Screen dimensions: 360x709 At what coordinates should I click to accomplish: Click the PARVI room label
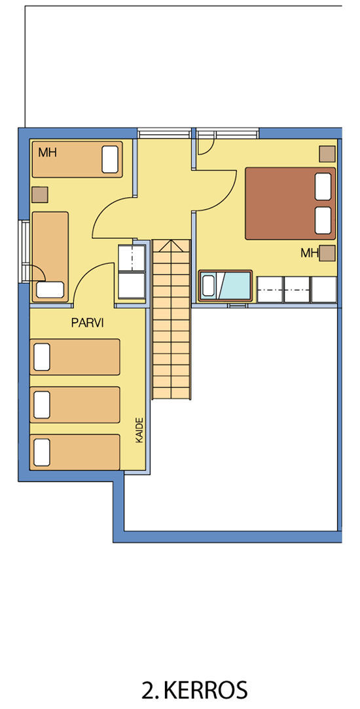tap(88, 323)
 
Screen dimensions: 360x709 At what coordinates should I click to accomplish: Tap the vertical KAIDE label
tap(139, 430)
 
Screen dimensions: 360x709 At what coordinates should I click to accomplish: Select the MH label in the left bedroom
tap(47, 153)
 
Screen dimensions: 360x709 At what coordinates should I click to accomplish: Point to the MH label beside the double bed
tap(310, 253)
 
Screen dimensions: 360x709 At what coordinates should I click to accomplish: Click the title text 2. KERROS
tap(194, 691)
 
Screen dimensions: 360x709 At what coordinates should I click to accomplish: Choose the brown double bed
tap(291, 204)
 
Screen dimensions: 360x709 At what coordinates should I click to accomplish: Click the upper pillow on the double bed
tap(323, 187)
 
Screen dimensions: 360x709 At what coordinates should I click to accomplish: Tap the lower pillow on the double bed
tap(323, 221)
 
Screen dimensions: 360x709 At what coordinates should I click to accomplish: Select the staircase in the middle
tap(171, 319)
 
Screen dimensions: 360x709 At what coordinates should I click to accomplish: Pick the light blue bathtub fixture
tap(225, 286)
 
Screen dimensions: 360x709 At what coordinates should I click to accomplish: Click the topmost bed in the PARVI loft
tap(75, 357)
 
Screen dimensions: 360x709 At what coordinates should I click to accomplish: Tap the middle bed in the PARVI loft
tap(75, 404)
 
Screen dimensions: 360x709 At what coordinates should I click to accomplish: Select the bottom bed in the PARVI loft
tap(75, 452)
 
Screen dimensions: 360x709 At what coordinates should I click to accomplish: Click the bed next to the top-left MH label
tap(77, 159)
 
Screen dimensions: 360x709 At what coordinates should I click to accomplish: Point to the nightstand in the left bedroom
tap(40, 194)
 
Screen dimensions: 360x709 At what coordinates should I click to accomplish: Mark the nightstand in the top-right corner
tap(327, 154)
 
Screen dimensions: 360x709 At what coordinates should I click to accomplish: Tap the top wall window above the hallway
tap(164, 133)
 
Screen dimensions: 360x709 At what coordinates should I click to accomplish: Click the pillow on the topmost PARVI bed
tap(42, 357)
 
